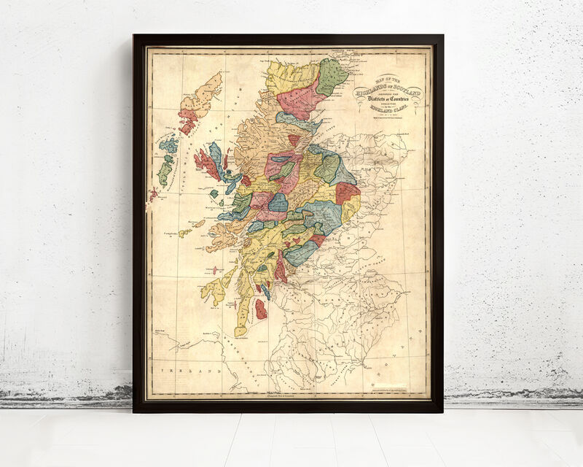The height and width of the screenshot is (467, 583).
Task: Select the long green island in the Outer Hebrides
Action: tap(165, 172)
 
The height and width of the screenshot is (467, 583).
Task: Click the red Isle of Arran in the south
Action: tap(260, 309)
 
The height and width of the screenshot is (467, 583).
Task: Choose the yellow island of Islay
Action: tap(216, 289)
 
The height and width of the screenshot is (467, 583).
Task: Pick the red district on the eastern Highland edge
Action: tap(348, 193)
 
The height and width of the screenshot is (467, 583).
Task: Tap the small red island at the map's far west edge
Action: tap(154, 193)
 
